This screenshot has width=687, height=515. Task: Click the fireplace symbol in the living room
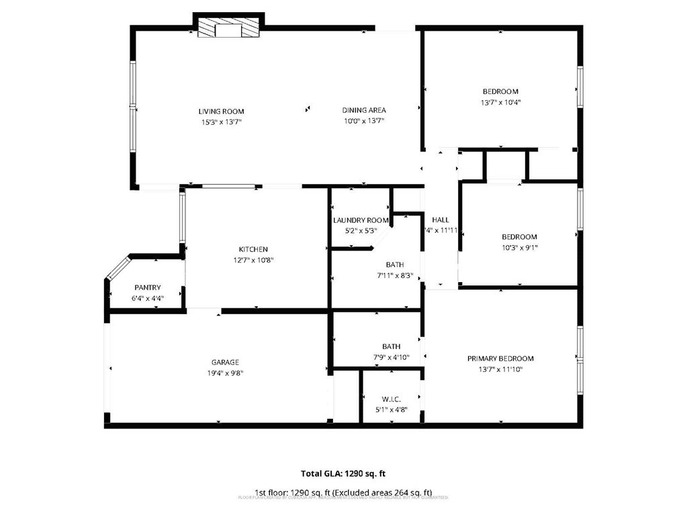[x=228, y=28]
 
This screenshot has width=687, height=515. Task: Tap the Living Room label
[x=221, y=111]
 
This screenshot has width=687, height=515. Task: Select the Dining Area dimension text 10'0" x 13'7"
[x=364, y=122]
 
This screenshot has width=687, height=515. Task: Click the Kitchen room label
[x=253, y=250]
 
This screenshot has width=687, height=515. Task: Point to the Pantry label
[x=147, y=288]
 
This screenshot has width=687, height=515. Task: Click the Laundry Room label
[x=361, y=220]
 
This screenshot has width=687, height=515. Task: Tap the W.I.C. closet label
[x=391, y=400]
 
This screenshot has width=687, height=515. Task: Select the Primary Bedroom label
[x=500, y=359]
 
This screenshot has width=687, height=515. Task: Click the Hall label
[x=441, y=220]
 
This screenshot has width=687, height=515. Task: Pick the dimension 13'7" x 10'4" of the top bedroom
[x=500, y=103]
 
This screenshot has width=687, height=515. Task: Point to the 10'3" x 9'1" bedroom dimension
[x=519, y=248]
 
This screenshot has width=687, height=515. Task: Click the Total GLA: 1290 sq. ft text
[x=342, y=473]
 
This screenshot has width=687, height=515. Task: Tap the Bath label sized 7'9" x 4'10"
[x=391, y=346]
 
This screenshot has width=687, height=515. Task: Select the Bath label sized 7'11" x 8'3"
[x=395, y=265]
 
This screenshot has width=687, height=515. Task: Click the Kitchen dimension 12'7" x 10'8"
[x=253, y=261]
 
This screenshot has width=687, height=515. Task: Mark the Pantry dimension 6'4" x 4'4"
[x=147, y=299]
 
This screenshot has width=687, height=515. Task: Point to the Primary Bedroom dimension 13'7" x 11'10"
[x=500, y=369]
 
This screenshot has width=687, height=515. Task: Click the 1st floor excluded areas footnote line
[x=342, y=492]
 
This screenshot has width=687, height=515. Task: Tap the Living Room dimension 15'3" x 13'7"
[x=221, y=122]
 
